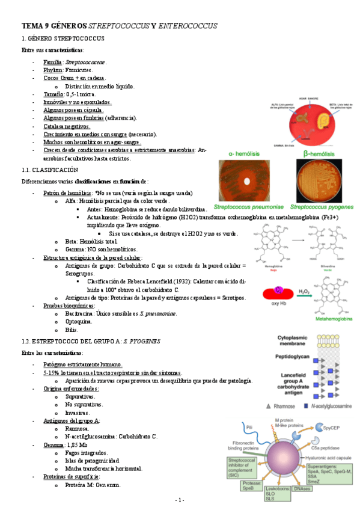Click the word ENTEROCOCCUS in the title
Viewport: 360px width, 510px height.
(188, 26)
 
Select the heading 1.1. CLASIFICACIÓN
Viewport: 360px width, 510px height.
(49, 170)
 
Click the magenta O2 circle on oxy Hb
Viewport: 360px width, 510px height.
(279, 291)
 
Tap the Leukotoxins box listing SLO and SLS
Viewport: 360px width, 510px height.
(278, 493)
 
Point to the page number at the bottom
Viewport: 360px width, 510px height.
(180, 500)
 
